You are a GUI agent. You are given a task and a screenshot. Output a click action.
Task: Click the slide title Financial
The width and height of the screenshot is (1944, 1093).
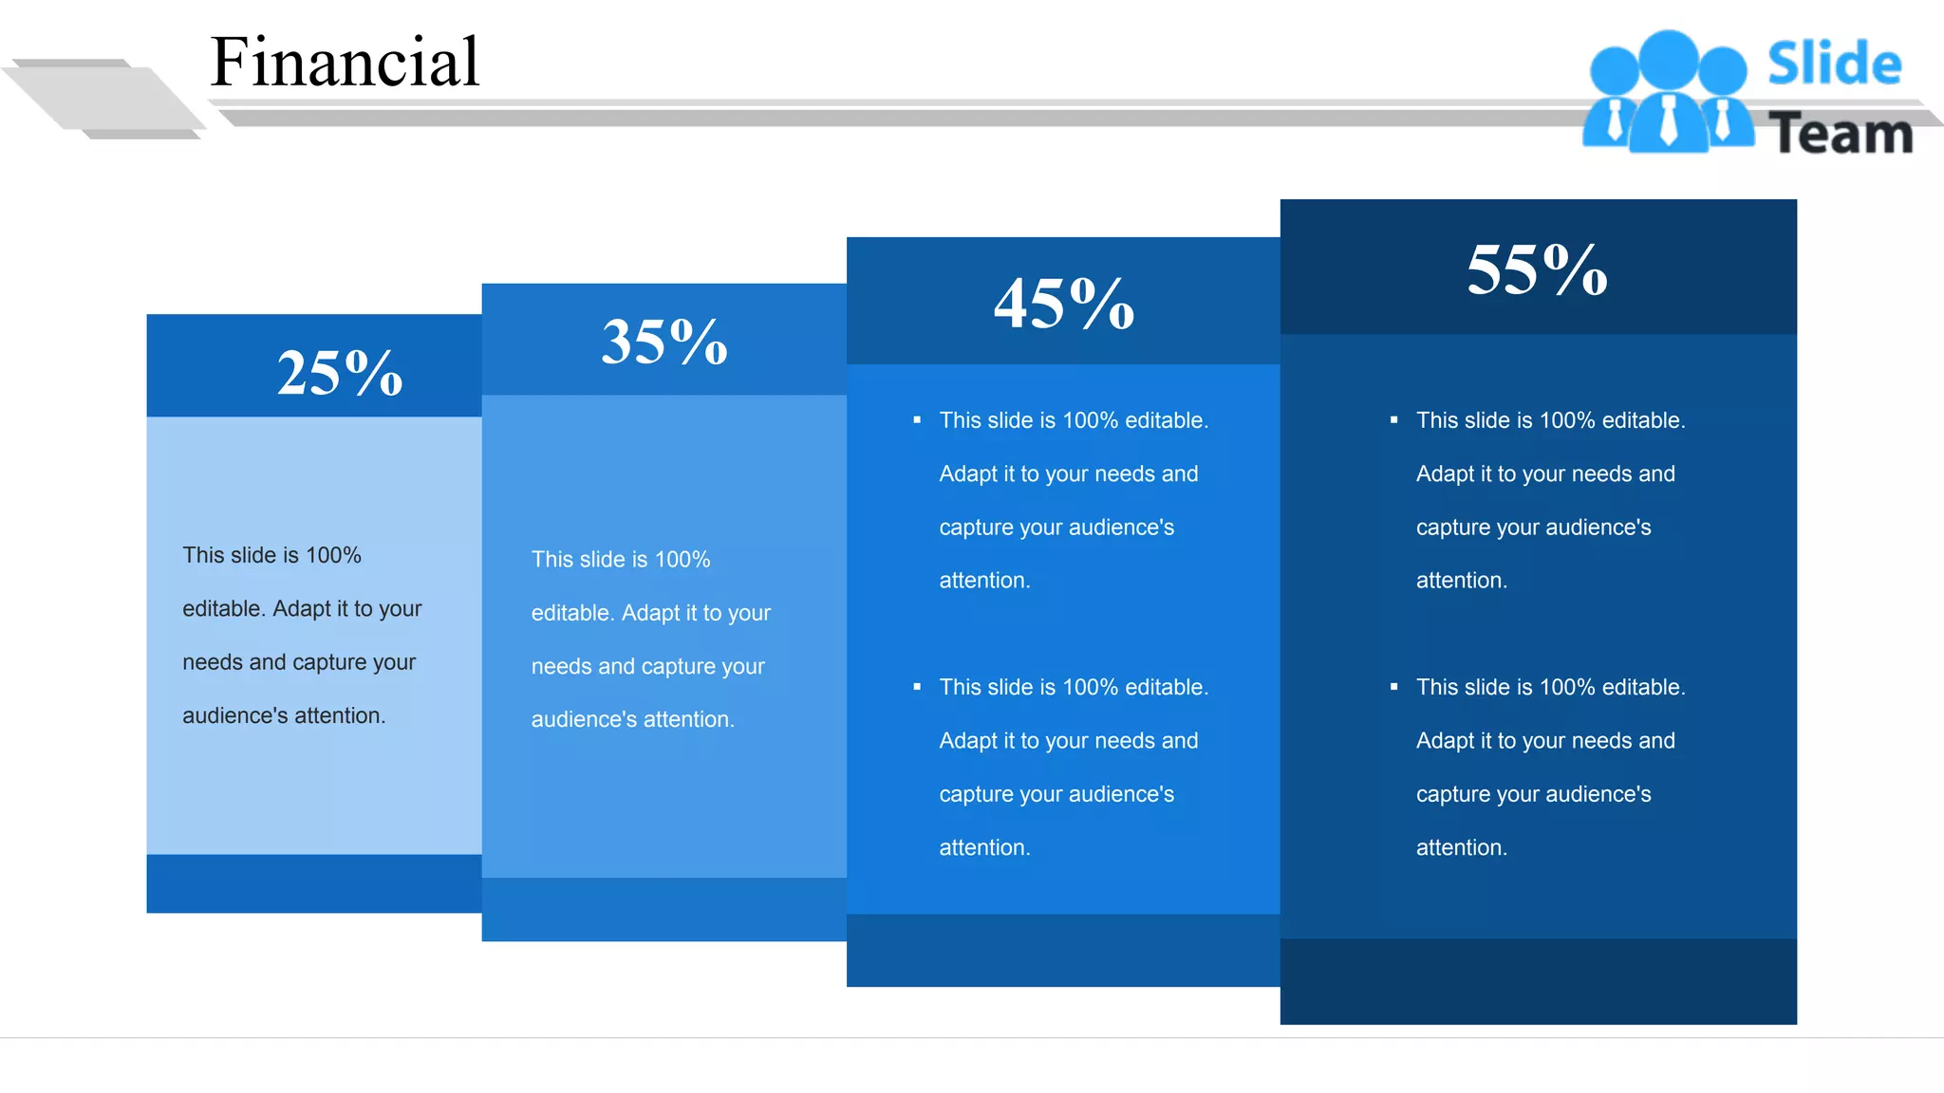(x=345, y=62)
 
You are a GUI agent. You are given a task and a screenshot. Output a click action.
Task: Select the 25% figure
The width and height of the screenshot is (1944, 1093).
(x=340, y=372)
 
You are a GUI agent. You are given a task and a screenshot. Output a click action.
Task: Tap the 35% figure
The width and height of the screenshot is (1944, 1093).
(x=664, y=342)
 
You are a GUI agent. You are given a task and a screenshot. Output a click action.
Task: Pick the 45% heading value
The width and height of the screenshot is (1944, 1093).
(x=1064, y=304)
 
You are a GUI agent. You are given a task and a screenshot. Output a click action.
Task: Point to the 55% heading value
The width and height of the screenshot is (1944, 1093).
(x=1537, y=269)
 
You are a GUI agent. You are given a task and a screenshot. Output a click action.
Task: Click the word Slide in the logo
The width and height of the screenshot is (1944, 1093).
(x=1834, y=64)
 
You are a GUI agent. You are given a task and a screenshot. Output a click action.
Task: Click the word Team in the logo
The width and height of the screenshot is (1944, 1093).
(x=1841, y=133)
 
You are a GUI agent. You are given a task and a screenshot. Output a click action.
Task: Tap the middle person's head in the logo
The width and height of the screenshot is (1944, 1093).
(x=1668, y=59)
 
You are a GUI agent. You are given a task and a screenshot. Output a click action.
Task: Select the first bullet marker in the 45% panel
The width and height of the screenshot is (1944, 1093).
(x=917, y=419)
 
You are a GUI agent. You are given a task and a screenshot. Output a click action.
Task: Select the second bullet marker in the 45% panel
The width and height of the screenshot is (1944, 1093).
(x=917, y=687)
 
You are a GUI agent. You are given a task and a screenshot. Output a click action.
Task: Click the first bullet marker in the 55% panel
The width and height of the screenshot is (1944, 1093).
(x=1393, y=419)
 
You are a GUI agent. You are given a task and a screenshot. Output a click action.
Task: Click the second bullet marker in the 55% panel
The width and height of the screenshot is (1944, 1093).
(x=1393, y=687)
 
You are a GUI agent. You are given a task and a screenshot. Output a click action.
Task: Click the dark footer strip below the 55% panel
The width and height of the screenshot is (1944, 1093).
(x=1538, y=981)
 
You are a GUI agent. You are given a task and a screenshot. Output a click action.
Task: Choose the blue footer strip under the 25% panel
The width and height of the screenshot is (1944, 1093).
(x=313, y=883)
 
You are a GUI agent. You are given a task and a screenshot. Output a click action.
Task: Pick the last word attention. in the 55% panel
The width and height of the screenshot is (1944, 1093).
(x=1461, y=847)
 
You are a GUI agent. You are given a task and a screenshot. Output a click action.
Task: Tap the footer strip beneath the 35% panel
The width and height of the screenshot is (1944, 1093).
(x=664, y=909)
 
